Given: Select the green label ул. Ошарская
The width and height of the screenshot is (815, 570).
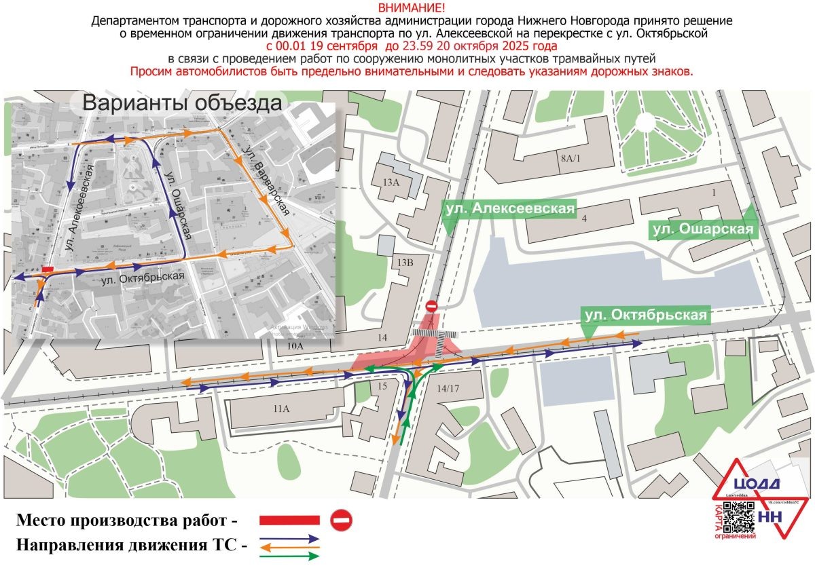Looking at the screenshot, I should (702, 230).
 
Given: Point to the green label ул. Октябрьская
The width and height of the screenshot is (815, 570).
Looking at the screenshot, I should (645, 315).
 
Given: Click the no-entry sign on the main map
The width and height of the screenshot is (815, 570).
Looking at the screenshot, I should (432, 307).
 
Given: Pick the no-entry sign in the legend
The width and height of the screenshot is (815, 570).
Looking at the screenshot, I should (341, 520).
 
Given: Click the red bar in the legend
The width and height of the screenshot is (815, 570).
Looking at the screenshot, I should (289, 520).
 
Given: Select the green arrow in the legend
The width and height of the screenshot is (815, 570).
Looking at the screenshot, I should (289, 556).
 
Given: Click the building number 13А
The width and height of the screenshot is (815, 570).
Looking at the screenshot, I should (391, 182).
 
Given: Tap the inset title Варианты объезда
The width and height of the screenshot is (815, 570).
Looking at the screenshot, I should (181, 104).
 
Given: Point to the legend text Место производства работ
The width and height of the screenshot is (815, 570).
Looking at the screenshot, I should (128, 522).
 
